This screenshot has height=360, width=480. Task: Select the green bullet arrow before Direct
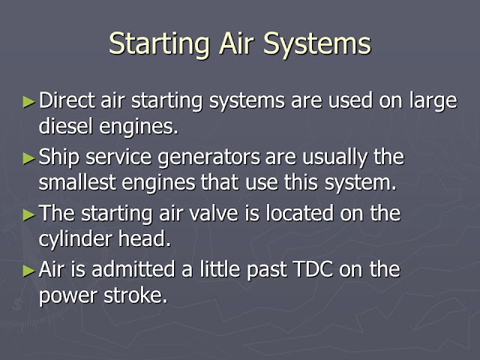tap(29, 100)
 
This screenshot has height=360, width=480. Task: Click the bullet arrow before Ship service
tap(29, 157)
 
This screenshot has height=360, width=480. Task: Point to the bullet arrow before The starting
tap(29, 214)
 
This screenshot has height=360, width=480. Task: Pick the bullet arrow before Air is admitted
tap(29, 270)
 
